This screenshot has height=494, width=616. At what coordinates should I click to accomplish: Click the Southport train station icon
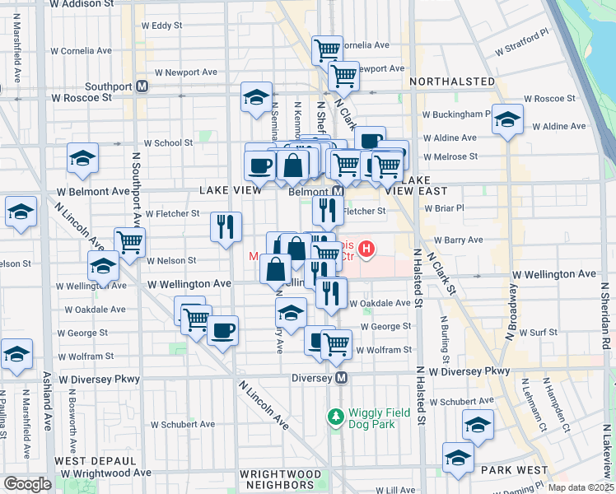142,85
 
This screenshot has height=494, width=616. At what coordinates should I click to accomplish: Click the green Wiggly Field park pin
335,417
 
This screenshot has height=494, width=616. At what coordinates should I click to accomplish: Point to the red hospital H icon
367,247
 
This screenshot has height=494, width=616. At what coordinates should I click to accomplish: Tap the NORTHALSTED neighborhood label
449,82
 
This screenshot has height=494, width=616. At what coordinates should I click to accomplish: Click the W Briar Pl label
444,208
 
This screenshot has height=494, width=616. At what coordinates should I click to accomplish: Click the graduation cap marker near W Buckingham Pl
507,119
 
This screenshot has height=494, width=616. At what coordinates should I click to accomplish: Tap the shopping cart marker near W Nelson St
129,242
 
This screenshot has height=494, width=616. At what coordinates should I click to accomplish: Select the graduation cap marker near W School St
82,158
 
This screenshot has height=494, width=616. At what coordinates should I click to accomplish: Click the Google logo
27,484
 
